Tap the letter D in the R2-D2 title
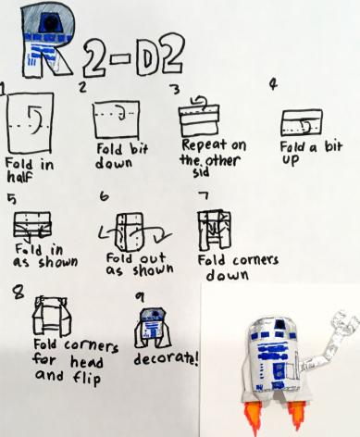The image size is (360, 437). pyautogui.click(x=147, y=57)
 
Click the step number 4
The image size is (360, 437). pyautogui.click(x=273, y=83)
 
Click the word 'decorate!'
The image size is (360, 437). pyautogui.click(x=166, y=358)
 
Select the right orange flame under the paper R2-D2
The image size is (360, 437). pyautogui.click(x=296, y=415)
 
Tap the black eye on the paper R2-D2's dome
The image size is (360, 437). pyautogui.click(x=280, y=324)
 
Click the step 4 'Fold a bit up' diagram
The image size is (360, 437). pyautogui.click(x=302, y=122)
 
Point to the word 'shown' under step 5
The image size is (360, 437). pyautogui.click(x=58, y=262)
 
